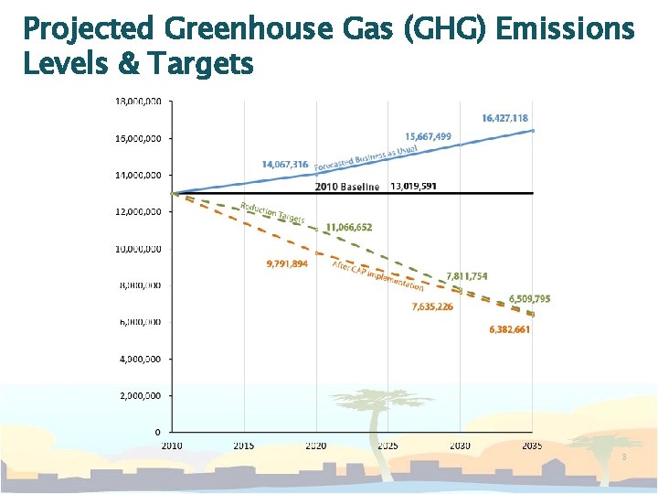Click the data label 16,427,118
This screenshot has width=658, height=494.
(x=504, y=118)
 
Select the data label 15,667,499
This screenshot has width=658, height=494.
(x=428, y=136)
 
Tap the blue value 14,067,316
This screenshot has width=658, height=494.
(x=284, y=165)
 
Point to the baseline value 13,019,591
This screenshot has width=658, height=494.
(x=413, y=186)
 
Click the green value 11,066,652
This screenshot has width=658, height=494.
(x=349, y=227)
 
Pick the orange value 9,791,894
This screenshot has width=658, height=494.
(x=287, y=264)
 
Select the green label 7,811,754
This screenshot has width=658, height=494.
(x=467, y=276)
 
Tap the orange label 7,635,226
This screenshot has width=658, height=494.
(x=432, y=307)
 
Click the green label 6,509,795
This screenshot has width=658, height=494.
(x=529, y=299)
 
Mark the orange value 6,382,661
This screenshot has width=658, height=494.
(x=509, y=329)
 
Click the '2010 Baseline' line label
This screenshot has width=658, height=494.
(x=347, y=187)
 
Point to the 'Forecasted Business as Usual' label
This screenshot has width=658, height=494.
(x=366, y=158)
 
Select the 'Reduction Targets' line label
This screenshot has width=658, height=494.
(x=271, y=213)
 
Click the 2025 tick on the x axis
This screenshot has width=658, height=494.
(x=388, y=446)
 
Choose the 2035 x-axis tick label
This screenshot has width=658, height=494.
(x=532, y=446)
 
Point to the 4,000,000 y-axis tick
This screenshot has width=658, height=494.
(x=140, y=359)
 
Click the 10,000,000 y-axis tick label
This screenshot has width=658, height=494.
(x=138, y=248)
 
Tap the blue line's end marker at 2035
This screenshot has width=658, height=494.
(x=532, y=131)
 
